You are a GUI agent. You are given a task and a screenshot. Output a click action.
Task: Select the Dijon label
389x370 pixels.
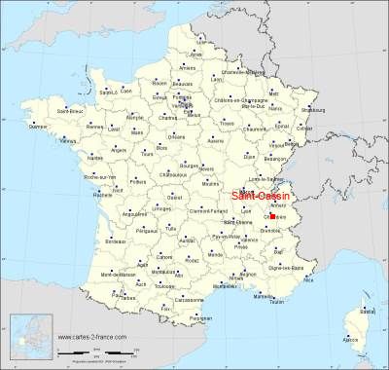pyautogui.click(x=249, y=156)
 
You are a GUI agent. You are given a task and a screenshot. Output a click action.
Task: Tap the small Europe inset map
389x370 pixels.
pyautogui.click(x=26, y=336)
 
